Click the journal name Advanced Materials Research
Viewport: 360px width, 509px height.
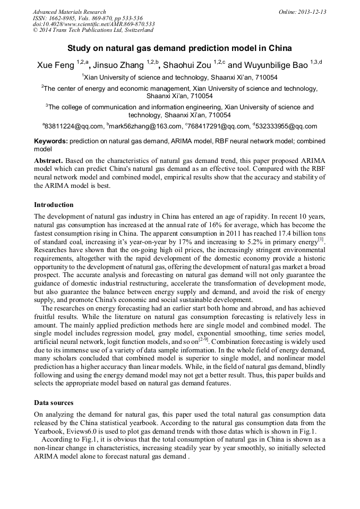[69, 12]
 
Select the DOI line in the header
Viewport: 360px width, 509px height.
[93, 24]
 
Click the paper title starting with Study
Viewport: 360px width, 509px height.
[179, 48]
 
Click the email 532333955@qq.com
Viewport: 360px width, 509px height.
[287, 126]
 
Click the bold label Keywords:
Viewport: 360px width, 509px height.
[51, 142]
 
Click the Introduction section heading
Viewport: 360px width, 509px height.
[54, 205]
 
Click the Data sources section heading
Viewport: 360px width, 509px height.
[54, 403]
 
